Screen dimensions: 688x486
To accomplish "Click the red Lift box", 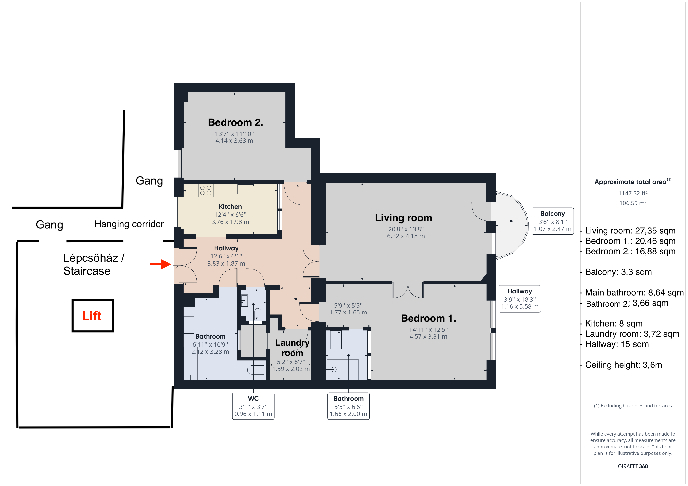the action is coord(93,315).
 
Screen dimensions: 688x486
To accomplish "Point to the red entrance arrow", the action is coord(161,264).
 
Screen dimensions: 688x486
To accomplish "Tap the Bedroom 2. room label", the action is coord(236,122).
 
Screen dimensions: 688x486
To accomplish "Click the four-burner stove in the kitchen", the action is coord(206,190).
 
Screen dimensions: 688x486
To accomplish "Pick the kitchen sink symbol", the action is coord(246,189).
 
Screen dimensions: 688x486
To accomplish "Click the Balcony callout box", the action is coord(552,221).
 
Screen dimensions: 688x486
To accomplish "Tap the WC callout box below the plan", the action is coord(253,406).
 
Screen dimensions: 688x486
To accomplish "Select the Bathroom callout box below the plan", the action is coord(348,406).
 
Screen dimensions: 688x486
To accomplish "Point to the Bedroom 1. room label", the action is coord(428,318).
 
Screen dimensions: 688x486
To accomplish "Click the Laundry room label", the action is coord(292,348).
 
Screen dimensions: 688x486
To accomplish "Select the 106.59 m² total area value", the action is coord(633,203).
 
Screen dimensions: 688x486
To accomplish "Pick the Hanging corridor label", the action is coord(129,224).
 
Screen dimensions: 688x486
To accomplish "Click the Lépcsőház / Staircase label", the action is coord(93,264).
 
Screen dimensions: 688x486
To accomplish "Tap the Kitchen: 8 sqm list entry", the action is coord(612,323).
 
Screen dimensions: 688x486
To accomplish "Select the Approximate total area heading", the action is coord(633,182).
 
